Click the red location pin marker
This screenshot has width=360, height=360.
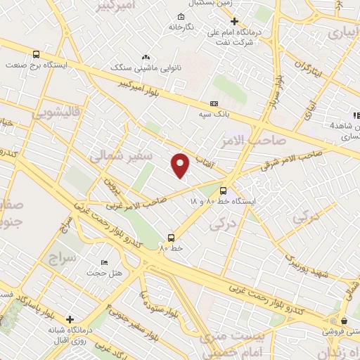(x=181, y=165)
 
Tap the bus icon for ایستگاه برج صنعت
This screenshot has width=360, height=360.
(x=36, y=54)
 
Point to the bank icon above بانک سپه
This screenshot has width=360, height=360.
(x=214, y=103)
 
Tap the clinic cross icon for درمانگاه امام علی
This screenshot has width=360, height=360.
(x=235, y=21)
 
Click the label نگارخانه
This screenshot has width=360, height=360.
(x=181, y=27)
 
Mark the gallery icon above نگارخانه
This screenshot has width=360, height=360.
(x=181, y=16)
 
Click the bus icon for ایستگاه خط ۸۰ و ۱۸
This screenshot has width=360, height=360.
(x=224, y=190)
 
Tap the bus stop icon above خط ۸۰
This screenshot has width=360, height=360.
(x=171, y=238)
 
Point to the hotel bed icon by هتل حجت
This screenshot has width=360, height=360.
(x=105, y=262)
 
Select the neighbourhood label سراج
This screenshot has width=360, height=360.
(x=59, y=257)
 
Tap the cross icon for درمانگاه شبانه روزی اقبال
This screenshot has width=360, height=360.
(x=70, y=319)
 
